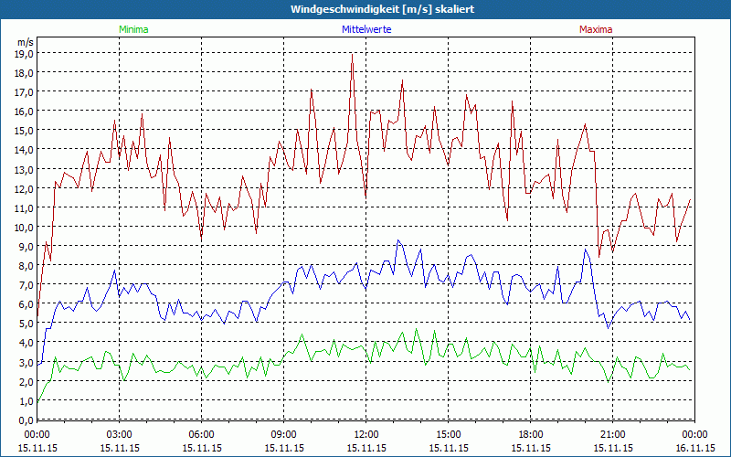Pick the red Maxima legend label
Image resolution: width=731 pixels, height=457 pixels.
pos(597,29)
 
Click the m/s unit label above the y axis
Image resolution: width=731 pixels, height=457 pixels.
pos(25,42)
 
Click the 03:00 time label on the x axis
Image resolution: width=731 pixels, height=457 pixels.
pos(119,434)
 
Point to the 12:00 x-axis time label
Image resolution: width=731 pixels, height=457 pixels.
pos(365,434)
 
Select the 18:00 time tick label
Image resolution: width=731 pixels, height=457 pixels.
pos(530,434)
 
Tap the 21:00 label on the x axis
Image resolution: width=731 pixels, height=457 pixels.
pos(612,434)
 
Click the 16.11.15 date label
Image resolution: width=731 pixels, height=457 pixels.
pos(694,448)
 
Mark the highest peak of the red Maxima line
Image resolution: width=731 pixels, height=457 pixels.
pos(352,54)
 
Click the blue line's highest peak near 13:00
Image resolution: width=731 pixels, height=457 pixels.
pos(397,240)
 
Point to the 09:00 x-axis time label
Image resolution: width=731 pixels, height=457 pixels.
pos(283,434)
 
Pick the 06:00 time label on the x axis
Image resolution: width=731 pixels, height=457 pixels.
pos(201,434)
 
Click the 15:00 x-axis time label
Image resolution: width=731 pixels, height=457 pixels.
pos(448,434)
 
